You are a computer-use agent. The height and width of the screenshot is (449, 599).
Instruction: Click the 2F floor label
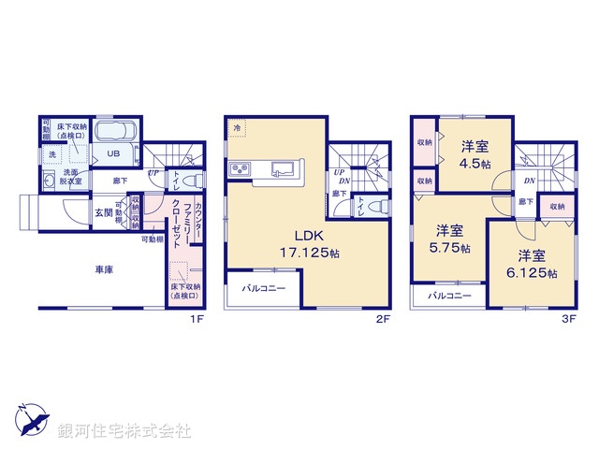click(383, 319)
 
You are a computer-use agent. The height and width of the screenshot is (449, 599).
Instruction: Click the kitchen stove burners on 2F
click(239, 168)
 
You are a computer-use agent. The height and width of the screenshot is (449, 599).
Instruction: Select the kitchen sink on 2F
click(282, 169)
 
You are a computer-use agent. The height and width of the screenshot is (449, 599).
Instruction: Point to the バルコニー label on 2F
click(264, 288)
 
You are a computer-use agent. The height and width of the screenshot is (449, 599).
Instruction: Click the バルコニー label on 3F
click(450, 296)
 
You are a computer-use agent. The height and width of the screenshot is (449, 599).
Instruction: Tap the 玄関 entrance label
click(102, 212)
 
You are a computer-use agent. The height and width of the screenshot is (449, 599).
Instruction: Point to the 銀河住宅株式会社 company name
click(124, 431)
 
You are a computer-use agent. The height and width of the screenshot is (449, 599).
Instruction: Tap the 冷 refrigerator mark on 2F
click(238, 127)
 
